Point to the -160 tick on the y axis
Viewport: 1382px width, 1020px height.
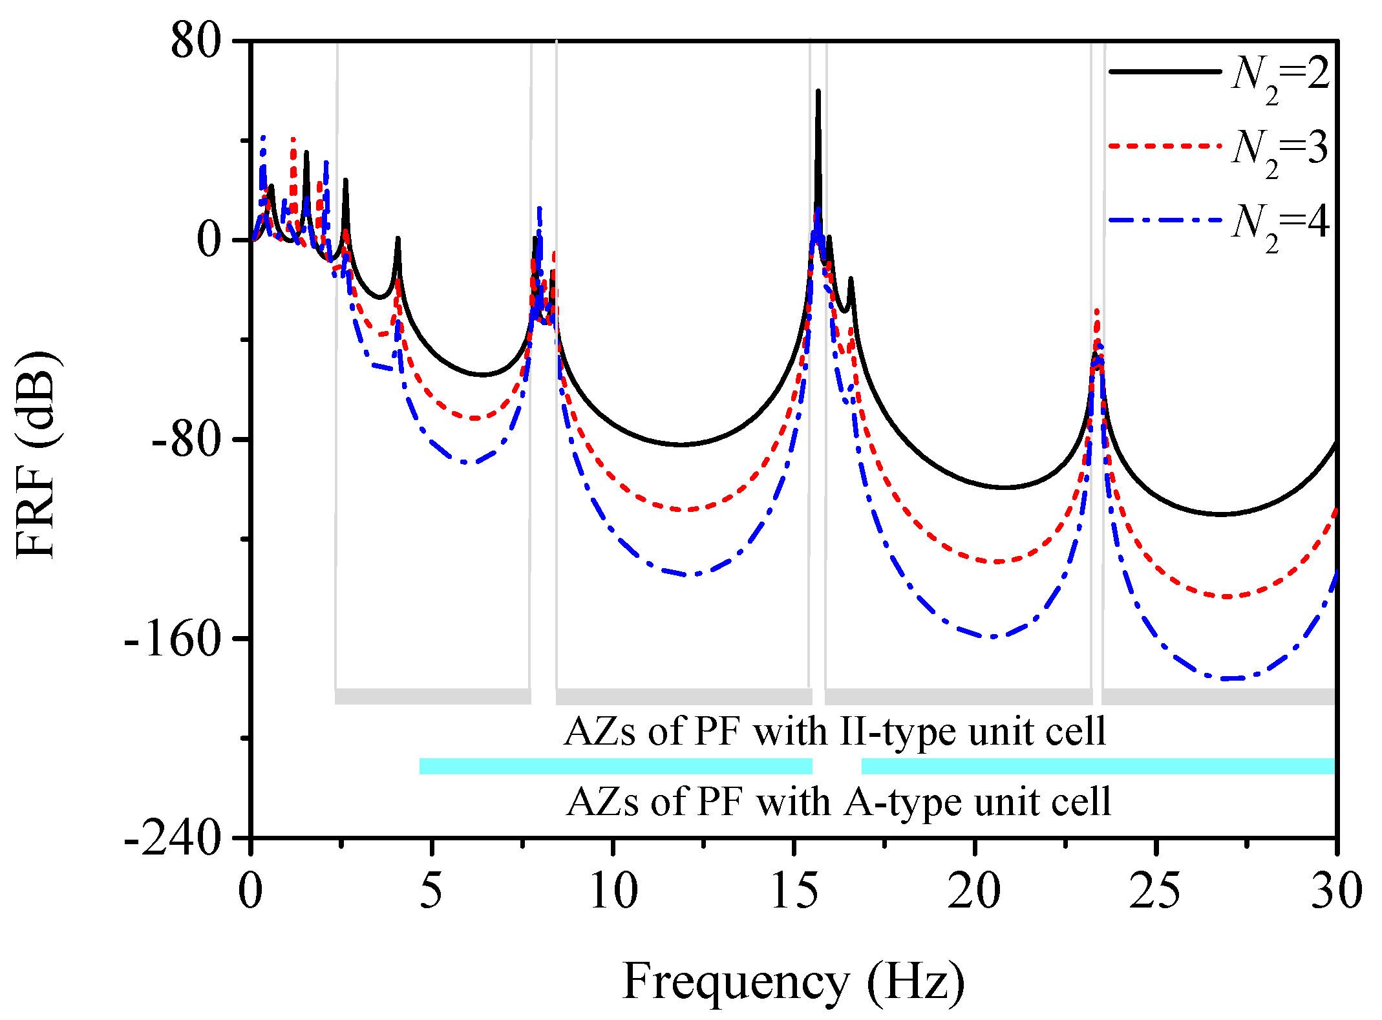pos(173,639)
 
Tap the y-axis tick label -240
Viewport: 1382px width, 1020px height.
pos(173,838)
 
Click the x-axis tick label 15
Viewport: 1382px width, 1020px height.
pos(794,891)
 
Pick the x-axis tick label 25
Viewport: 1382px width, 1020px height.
pos(1155,891)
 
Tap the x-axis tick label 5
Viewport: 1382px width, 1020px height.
pos(431,891)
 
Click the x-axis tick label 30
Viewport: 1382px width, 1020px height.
pos(1335,891)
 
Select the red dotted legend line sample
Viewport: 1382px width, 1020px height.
pos(1164,146)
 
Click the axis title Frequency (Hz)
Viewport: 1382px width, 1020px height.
pos(793,981)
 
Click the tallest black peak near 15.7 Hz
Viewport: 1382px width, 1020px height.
pos(818,92)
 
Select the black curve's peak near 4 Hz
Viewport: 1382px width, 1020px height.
pos(398,239)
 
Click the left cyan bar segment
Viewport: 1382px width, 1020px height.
pos(615,766)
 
